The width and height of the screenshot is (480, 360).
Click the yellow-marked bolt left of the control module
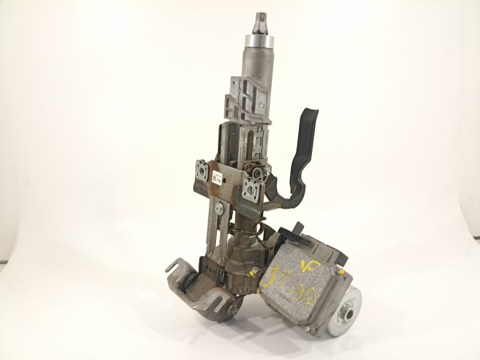tap(254, 272)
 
